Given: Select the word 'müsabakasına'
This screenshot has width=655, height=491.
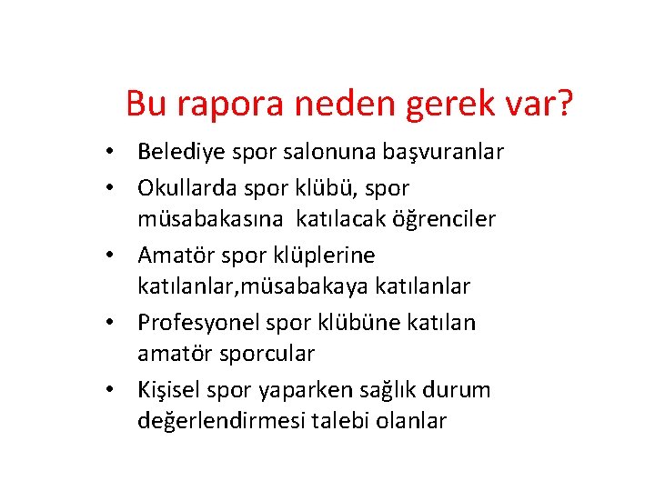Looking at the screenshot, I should (x=214, y=219).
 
